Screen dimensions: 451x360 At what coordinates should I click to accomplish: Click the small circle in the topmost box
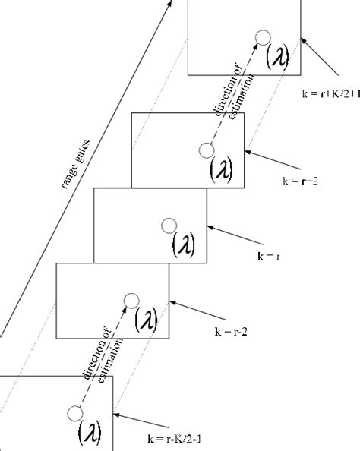pos(263,36)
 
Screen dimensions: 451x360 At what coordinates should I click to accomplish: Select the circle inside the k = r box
pos(169,225)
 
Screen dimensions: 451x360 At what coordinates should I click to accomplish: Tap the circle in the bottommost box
pos(74,413)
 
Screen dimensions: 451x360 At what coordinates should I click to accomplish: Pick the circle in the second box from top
pos(206,150)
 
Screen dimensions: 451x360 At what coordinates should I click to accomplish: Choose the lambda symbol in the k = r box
pos(183,245)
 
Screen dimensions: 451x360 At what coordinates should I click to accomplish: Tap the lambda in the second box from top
pos(221,170)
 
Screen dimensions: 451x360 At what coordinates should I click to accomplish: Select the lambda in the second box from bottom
pos(145,320)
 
